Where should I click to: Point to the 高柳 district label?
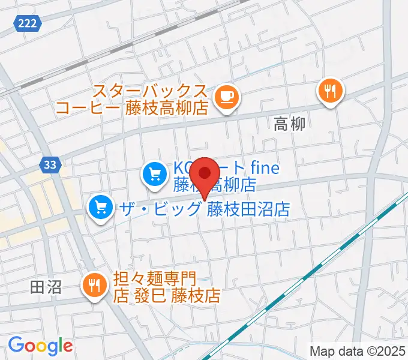(289, 124)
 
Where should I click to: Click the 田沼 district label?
(46, 287)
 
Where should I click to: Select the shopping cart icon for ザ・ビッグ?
(100, 208)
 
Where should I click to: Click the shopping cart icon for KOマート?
(154, 175)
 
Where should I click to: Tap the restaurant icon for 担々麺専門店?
(95, 284)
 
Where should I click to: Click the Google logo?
(40, 346)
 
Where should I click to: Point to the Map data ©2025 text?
(358, 350)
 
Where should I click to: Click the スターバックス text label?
(149, 92)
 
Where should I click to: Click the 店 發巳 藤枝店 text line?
(167, 295)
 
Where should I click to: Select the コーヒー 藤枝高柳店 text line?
(131, 109)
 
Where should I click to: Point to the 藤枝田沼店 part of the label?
(248, 209)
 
